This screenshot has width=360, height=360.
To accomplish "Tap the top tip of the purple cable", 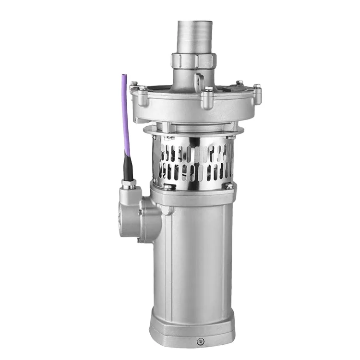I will tap(124, 76).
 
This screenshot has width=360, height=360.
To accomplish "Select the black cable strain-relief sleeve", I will tap(128, 168).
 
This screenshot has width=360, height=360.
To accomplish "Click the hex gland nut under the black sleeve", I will tap(128, 184).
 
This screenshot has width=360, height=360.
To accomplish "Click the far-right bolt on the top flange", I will tap(257, 91).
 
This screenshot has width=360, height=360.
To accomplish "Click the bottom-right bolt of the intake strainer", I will tap(229, 185).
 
